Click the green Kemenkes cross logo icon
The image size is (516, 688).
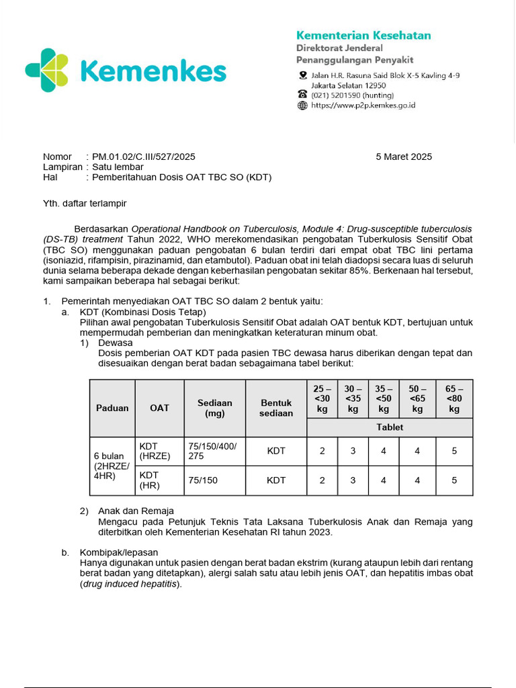(47, 70)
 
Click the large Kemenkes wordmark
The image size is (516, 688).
(153, 71)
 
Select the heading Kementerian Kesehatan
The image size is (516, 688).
(363, 36)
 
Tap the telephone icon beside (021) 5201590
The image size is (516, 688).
(302, 95)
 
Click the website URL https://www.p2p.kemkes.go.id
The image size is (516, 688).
(363, 105)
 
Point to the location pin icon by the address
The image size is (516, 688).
(302, 75)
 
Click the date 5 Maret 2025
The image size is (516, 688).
(404, 157)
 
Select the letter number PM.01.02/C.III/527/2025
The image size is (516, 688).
(143, 157)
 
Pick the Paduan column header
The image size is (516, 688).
(112, 408)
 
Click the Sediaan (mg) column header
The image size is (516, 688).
(214, 408)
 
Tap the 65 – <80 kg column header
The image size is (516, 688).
(454, 398)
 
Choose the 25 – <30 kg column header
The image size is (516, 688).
(322, 398)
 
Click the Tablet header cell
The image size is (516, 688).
(390, 427)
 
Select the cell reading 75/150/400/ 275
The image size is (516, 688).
(214, 451)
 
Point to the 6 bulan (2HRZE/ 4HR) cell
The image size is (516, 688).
(112, 466)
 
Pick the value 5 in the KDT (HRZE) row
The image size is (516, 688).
(454, 451)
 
